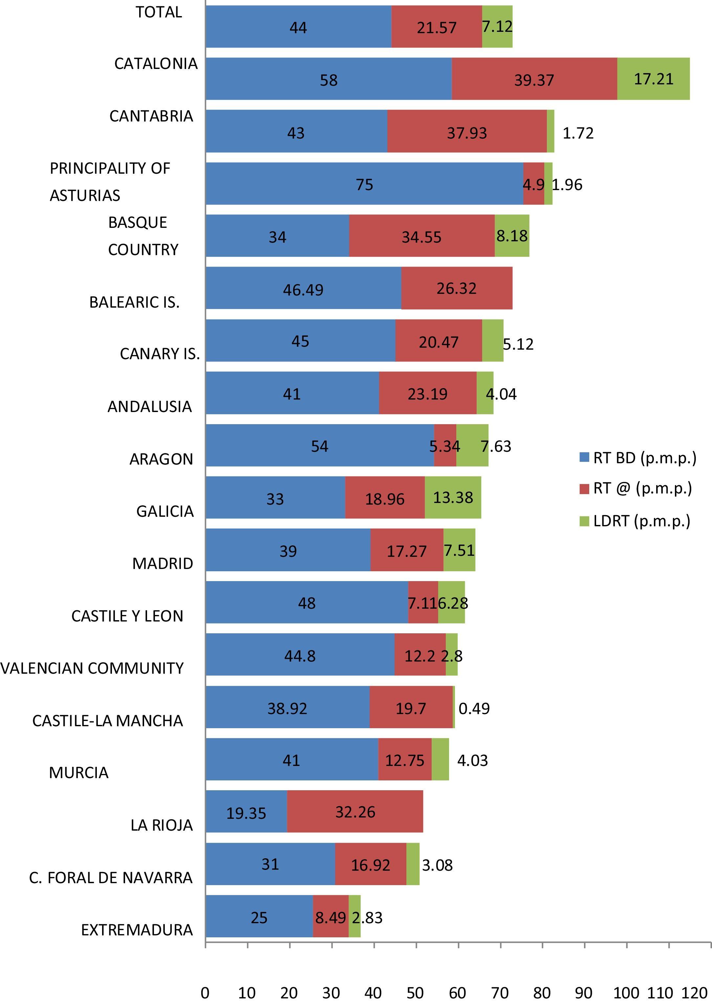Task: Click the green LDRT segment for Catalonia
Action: click(653, 79)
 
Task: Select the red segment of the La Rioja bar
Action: click(355, 811)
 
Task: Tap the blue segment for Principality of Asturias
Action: click(364, 184)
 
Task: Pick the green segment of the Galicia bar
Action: click(453, 498)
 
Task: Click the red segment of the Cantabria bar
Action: click(467, 132)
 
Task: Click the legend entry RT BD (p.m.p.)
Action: click(638, 458)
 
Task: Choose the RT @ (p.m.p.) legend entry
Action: click(636, 488)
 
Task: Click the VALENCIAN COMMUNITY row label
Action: click(92, 668)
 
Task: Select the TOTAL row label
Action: click(159, 12)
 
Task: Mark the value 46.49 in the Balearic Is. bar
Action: click(303, 290)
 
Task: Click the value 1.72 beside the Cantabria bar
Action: click(578, 133)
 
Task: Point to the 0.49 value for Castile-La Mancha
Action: click(474, 708)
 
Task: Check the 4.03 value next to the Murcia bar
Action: click(472, 760)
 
